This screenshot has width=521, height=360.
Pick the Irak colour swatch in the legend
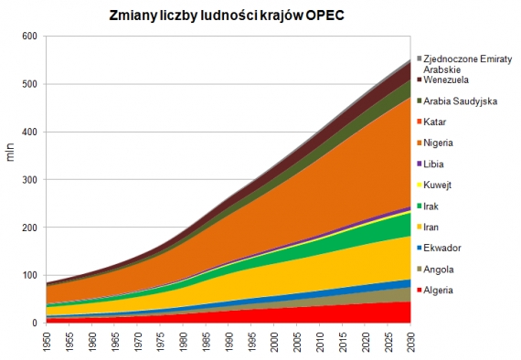pyautogui.click(x=420, y=206)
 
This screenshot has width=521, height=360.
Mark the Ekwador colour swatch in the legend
pyautogui.click(x=420, y=248)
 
